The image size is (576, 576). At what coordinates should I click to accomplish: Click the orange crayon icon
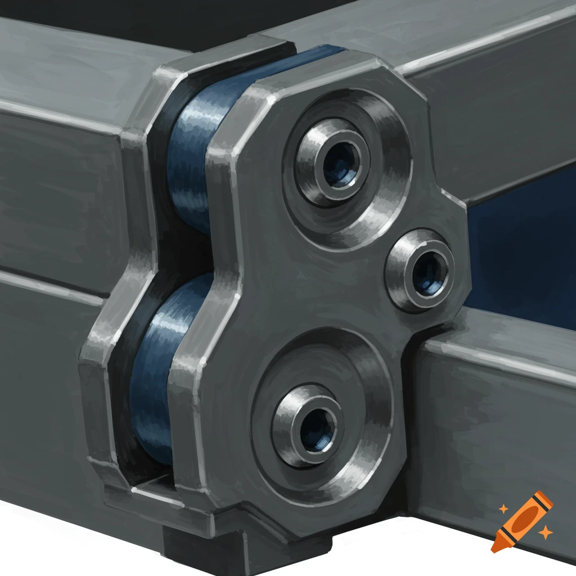point(521,520)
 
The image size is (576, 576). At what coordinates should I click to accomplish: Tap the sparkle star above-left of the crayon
point(503,509)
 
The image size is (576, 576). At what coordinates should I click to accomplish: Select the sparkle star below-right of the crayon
point(544,532)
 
